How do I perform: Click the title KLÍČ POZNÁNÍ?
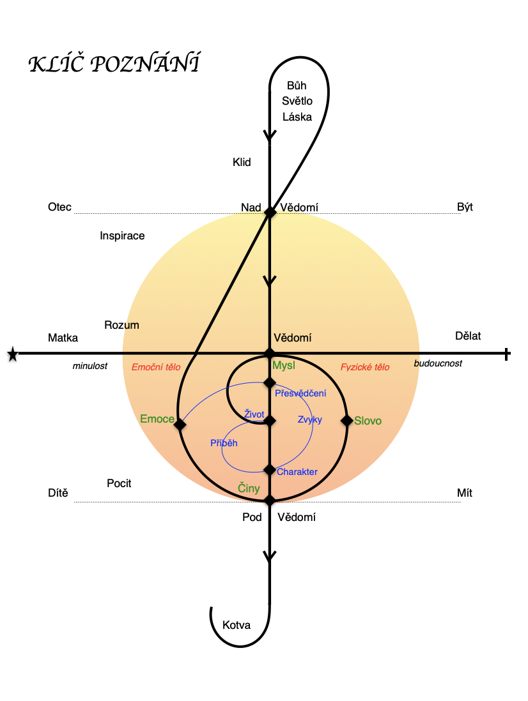[x=114, y=64]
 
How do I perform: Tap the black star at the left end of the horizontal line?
[x=12, y=353]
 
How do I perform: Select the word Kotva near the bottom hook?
[x=237, y=625]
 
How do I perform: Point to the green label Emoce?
[x=157, y=419]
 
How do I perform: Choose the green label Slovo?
[x=368, y=421]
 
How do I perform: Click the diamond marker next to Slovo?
[x=347, y=420]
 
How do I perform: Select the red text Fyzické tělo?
[x=365, y=367]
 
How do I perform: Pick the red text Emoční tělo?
[x=156, y=367]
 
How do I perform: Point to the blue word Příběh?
[x=223, y=442]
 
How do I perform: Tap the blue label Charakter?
[x=297, y=472]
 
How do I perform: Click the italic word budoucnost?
[x=438, y=363]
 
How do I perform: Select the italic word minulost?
[x=89, y=366]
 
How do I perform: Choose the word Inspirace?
[x=122, y=236]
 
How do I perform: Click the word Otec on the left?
[x=59, y=207]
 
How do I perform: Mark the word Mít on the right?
[x=465, y=493]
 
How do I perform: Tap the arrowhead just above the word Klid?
[x=270, y=136]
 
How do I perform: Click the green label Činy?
[x=249, y=488]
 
